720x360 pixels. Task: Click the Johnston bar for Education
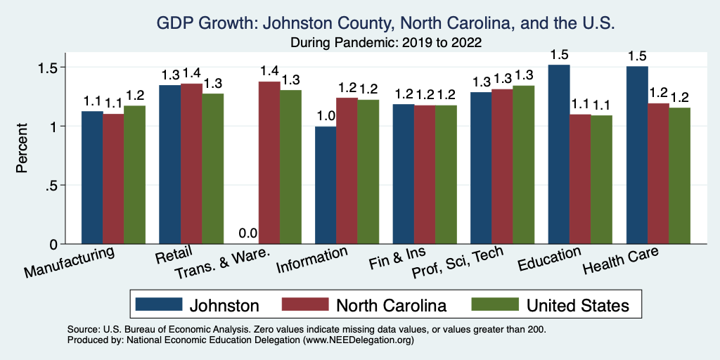[x=559, y=155]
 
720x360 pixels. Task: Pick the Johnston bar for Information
[x=326, y=186]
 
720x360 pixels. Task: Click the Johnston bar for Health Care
[x=637, y=155]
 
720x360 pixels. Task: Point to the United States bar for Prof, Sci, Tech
[x=524, y=165]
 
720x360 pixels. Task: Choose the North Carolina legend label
[x=391, y=305]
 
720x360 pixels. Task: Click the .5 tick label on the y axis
[x=54, y=186]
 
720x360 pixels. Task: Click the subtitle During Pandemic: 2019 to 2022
[x=386, y=42]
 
